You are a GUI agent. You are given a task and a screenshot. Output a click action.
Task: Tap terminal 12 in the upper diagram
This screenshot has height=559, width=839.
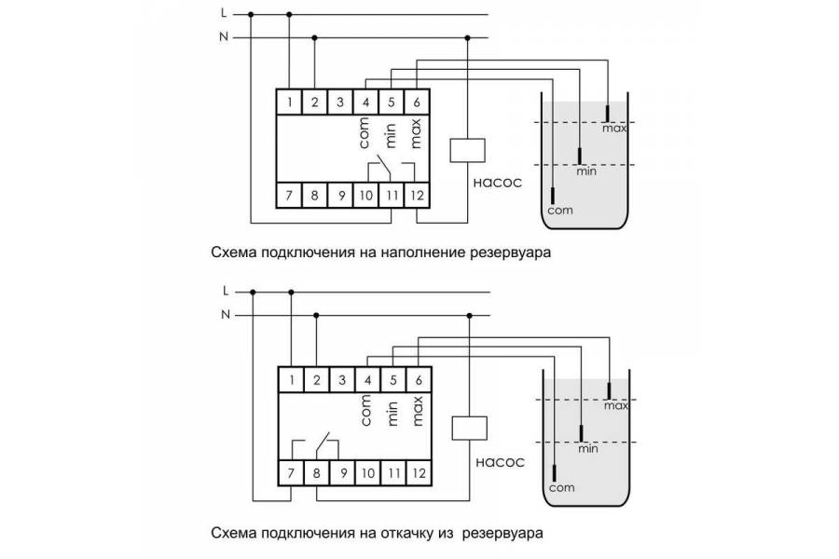[416, 195]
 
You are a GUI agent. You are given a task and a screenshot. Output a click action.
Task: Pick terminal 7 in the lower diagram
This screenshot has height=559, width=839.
[292, 472]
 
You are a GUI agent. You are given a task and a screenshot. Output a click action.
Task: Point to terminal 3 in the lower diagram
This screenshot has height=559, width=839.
[342, 379]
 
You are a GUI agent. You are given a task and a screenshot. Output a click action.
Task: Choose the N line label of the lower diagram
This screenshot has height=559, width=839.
[225, 315]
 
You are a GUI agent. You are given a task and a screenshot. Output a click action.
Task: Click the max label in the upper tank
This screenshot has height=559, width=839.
[613, 129]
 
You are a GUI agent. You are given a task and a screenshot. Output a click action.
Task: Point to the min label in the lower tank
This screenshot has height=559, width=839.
[587, 448]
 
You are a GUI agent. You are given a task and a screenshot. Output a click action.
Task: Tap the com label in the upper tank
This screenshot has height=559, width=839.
[560, 211]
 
